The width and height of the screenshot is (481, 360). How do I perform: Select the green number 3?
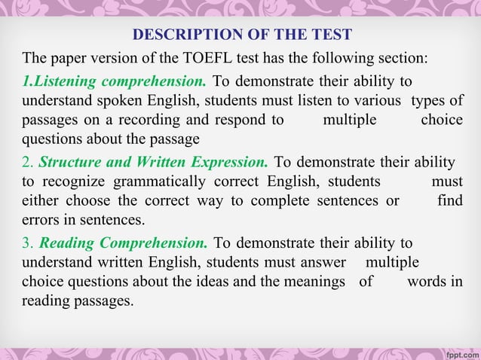coord(26,243)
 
